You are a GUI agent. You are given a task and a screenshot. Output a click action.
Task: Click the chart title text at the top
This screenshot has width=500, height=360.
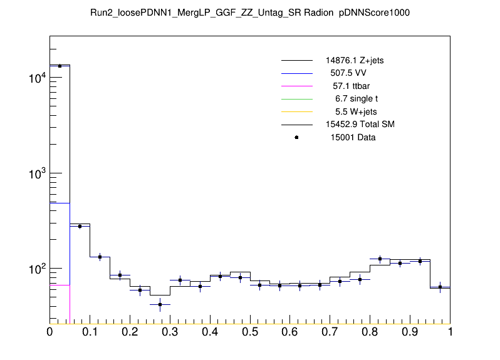250,13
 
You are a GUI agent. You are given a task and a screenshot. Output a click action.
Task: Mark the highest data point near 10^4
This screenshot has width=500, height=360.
60,66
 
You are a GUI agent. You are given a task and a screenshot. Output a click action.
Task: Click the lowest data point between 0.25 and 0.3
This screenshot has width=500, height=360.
160,304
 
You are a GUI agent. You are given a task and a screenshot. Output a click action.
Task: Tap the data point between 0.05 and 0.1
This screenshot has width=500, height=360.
80,226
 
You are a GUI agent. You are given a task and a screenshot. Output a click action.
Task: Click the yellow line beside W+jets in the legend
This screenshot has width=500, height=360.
296,112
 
